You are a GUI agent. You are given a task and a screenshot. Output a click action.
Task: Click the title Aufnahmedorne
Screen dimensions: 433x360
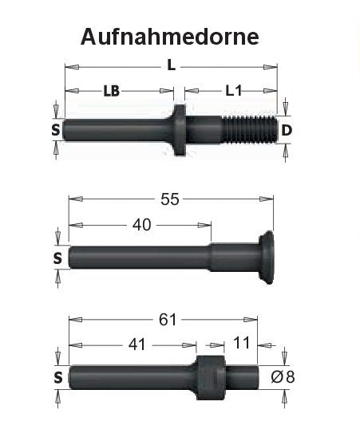click(x=169, y=37)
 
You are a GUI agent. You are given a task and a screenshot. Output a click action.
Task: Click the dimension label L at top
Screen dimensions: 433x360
click(x=171, y=67)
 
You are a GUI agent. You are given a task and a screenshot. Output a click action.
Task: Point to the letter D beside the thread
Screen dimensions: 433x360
click(x=287, y=130)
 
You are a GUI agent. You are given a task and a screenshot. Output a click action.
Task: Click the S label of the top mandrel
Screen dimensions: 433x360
click(x=56, y=130)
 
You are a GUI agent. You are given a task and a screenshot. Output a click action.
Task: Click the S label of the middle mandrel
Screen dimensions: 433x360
click(x=57, y=258)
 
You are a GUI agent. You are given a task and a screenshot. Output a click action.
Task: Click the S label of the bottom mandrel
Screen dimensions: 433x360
click(x=57, y=377)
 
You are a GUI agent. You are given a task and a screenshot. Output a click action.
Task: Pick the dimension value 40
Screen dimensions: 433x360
click(x=141, y=226)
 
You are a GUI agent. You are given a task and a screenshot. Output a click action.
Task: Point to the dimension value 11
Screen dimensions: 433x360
click(x=243, y=345)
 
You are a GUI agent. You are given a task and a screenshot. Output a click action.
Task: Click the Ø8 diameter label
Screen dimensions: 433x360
click(x=284, y=376)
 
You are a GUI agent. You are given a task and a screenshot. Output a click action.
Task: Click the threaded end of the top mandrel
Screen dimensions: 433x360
click(x=250, y=129)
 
